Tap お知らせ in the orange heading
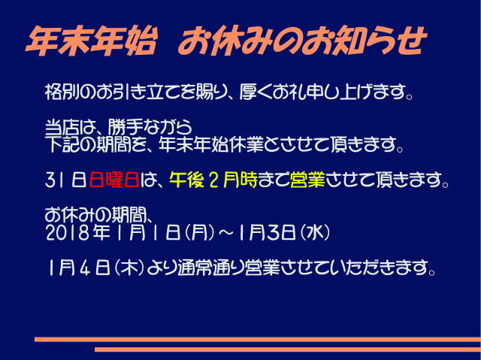point(363,41)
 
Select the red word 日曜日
point(113,180)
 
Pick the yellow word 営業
point(307,180)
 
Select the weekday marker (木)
point(129,268)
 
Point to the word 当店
point(62,127)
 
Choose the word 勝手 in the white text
point(126,127)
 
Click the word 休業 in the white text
point(246,144)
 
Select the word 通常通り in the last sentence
point(211,268)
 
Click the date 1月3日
point(267,233)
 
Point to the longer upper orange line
point(258,339)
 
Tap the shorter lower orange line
point(288,349)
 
